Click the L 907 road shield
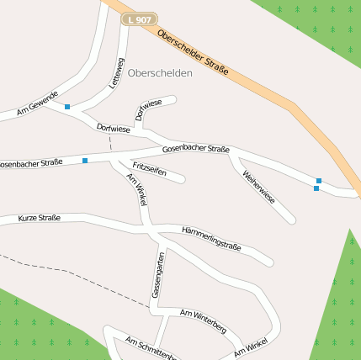click(136, 19)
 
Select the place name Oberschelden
click(161, 73)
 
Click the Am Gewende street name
click(37, 103)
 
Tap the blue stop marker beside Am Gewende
click(66, 107)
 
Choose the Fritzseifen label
click(149, 170)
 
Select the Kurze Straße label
click(39, 219)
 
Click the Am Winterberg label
click(204, 320)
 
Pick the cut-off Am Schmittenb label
click(150, 347)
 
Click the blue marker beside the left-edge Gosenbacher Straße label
click(85, 160)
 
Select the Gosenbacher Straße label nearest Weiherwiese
click(196, 149)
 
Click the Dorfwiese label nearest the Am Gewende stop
click(114, 129)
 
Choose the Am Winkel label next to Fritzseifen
click(136, 190)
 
